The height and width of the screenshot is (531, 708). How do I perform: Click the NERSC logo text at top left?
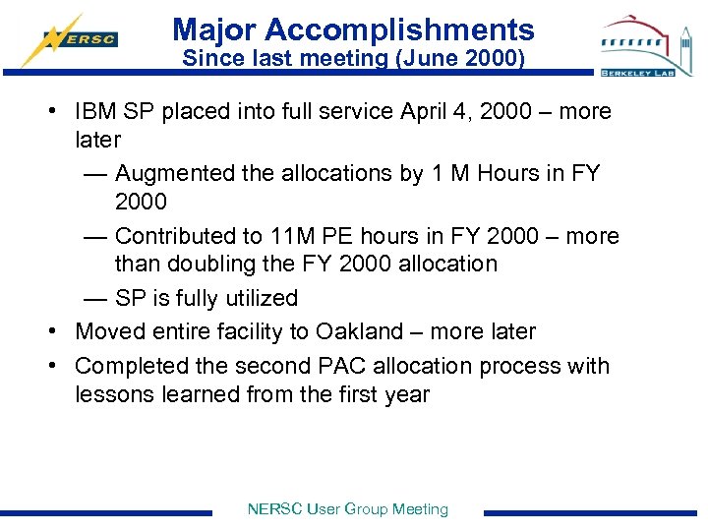[x=95, y=40]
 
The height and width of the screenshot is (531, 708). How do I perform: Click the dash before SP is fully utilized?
[x=95, y=298]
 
